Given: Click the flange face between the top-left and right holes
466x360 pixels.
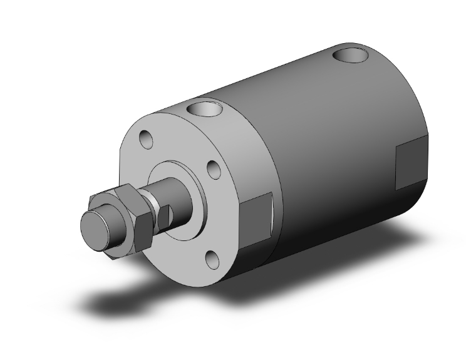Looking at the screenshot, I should [182, 141].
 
